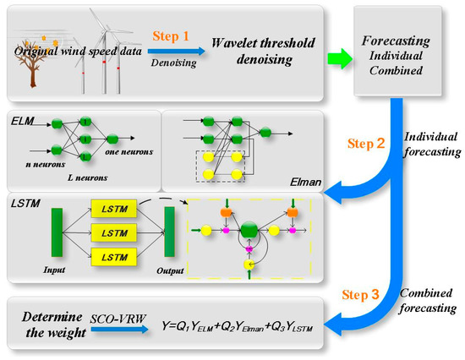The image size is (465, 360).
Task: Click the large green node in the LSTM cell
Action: pos(250,231)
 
